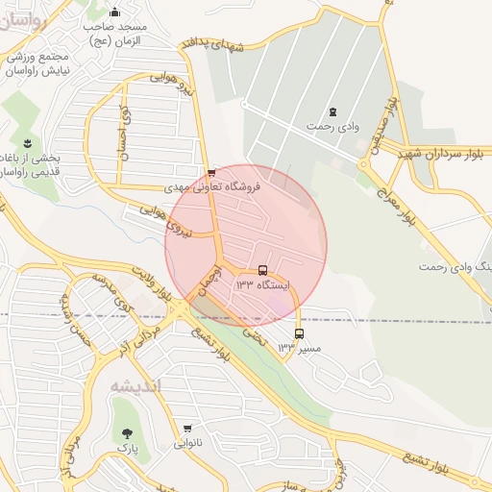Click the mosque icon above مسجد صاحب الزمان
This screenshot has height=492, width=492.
[115, 12]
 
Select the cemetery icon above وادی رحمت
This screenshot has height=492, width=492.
[332, 111]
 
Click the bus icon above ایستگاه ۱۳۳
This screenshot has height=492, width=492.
[263, 271]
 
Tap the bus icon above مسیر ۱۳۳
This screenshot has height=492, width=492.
[299, 333]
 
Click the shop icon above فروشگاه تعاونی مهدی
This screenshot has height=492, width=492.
[211, 173]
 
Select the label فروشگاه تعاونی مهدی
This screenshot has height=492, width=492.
[207, 187]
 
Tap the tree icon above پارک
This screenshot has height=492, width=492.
[126, 433]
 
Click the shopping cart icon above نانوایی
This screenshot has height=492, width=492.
[187, 429]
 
